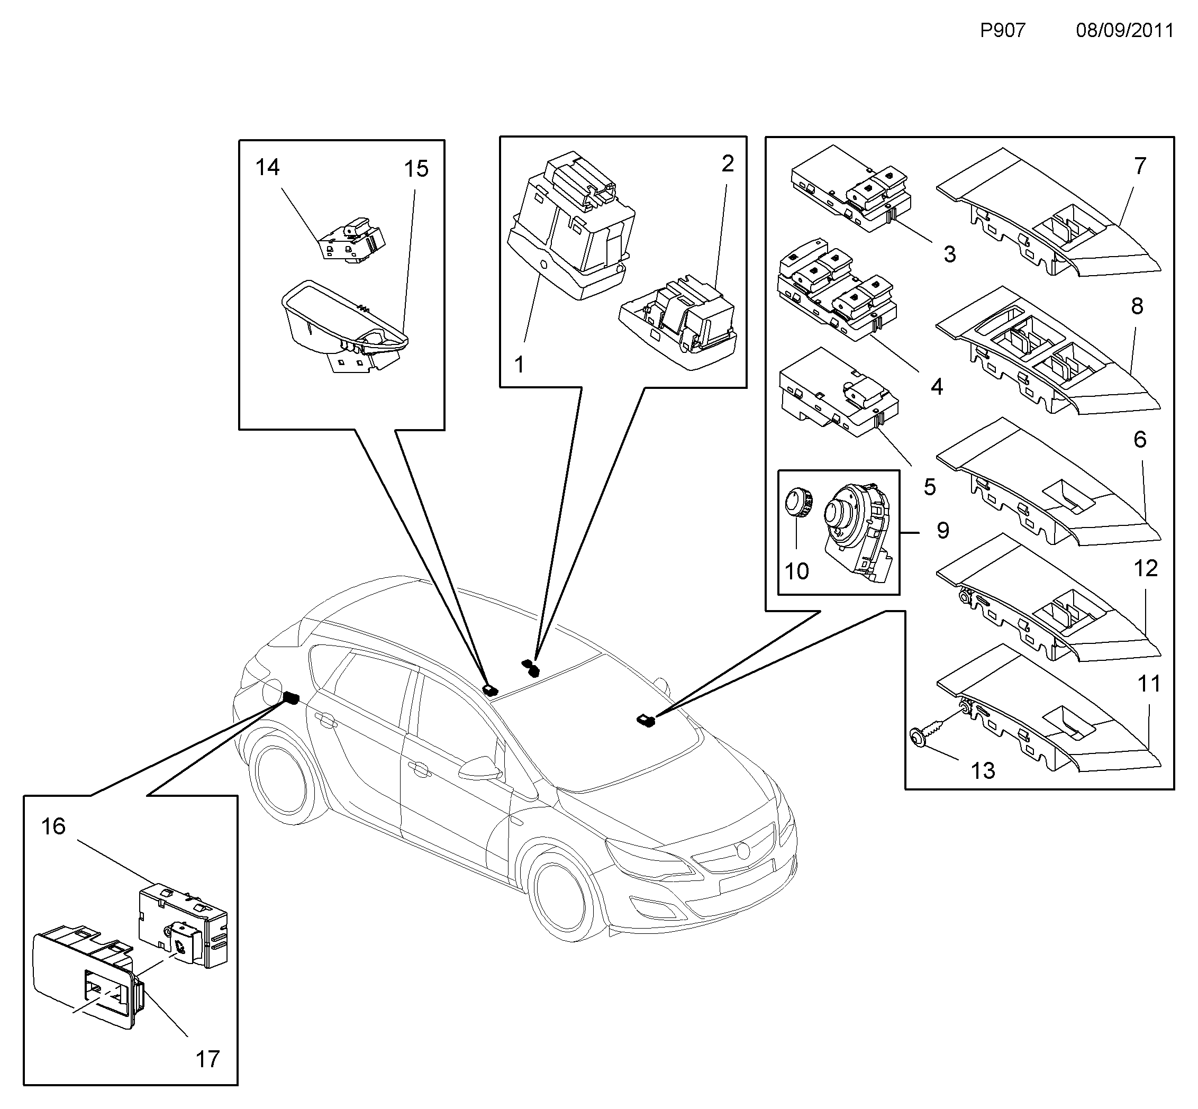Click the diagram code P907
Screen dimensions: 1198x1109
click(1002, 30)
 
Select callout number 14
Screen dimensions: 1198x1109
click(268, 167)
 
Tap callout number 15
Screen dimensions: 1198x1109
click(416, 169)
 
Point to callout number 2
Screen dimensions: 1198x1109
click(728, 163)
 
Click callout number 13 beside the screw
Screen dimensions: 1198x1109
click(983, 770)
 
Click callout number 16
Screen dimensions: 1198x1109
click(53, 826)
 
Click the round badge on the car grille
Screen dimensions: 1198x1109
click(743, 850)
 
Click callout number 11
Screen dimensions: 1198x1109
click(1149, 684)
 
